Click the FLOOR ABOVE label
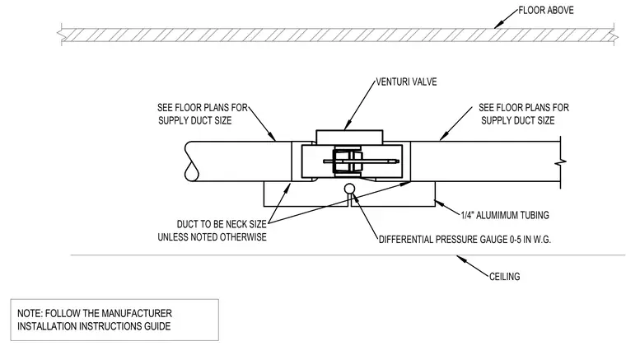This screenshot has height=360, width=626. coord(546,11)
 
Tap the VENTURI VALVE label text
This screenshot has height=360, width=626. coord(406,82)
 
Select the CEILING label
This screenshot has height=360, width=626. coord(505,277)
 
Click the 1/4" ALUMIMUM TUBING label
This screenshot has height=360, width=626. coord(505,216)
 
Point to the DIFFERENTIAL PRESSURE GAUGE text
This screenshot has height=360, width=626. coord(443,240)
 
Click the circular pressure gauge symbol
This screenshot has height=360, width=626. coord(349,189)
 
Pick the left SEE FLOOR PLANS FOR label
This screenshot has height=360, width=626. coord(203,108)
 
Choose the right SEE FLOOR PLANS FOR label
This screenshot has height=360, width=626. coord(524,108)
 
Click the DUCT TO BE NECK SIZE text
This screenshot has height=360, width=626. coord(222,224)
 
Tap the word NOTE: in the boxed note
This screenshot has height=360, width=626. coord(30,313)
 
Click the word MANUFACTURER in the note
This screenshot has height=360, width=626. coord(137,313)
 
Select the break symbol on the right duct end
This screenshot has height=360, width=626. coord(561,162)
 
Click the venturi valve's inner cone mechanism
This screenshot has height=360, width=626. coord(348,161)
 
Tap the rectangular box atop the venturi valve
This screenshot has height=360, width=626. coord(349,136)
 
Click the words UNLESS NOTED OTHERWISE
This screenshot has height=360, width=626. coord(212,237)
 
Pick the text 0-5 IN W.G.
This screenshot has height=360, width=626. coord(530,240)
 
